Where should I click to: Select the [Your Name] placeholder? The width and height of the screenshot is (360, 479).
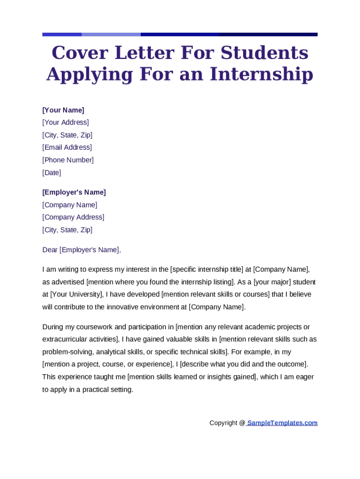(63, 110)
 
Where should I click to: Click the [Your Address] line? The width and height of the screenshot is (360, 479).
(65, 123)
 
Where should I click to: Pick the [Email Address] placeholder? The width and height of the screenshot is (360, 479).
(67, 147)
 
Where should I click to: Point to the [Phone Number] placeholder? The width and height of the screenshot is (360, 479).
(68, 160)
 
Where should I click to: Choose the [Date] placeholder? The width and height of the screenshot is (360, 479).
(51, 173)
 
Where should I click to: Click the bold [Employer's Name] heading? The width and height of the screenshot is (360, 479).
(74, 192)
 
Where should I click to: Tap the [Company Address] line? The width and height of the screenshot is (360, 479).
(73, 217)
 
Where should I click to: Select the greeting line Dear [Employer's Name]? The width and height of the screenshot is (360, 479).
(81, 250)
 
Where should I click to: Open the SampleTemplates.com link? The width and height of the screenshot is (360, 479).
(282, 423)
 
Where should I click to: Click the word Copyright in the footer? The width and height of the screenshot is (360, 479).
(223, 423)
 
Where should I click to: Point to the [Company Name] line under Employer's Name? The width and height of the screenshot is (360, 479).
(70, 205)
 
